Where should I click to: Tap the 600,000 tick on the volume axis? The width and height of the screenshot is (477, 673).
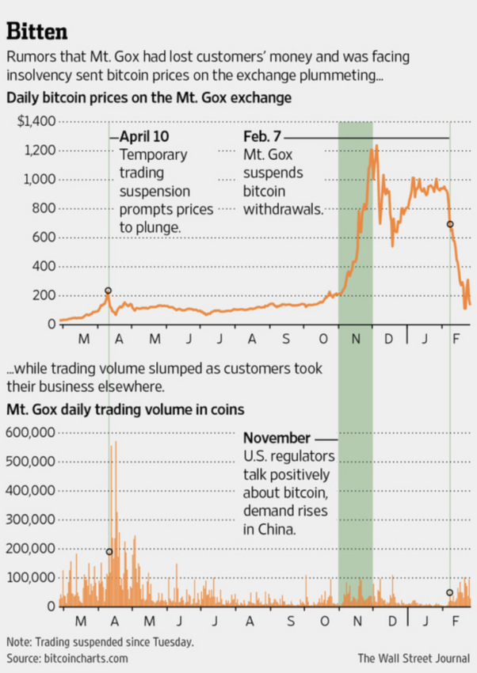[x=30, y=432]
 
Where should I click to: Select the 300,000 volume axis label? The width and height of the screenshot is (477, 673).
[x=30, y=519]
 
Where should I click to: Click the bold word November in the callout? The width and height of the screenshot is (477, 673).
[x=276, y=439]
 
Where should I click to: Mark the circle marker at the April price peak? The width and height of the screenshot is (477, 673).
[x=109, y=291]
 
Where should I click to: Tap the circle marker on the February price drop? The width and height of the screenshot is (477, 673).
[x=450, y=224]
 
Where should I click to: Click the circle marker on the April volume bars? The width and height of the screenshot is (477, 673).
[x=109, y=552]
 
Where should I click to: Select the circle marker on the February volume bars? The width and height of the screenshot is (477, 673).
[x=450, y=593]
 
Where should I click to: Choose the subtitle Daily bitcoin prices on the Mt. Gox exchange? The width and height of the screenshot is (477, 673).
[x=149, y=99]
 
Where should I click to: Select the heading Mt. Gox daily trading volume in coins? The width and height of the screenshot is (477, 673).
[x=125, y=410]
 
